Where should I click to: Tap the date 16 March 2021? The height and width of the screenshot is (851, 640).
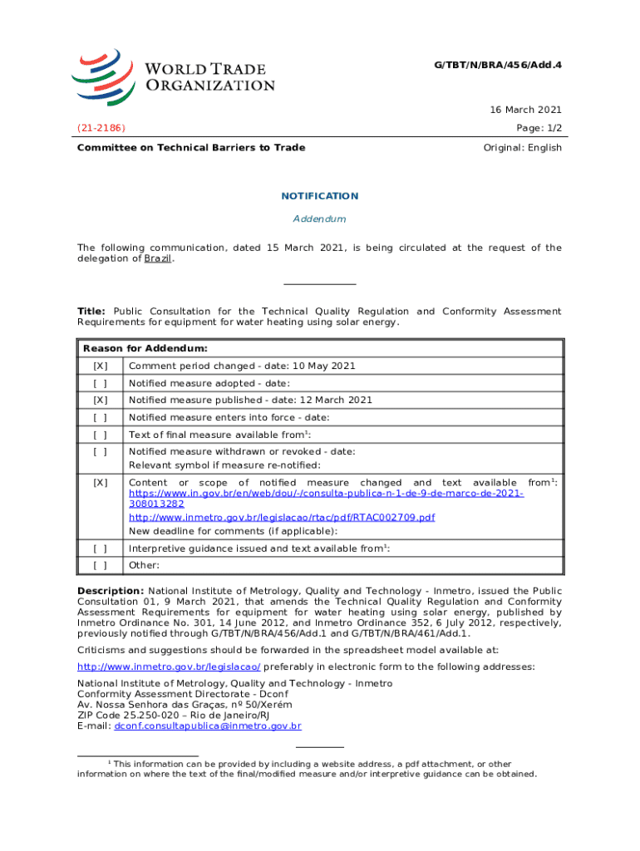pos(525,110)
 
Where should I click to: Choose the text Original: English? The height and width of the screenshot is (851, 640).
pos(522,148)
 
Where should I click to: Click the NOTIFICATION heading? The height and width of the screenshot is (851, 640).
pos(319,196)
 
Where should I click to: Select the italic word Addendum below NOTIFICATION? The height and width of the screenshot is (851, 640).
pos(319,219)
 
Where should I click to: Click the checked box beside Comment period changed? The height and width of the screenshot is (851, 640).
pos(100,366)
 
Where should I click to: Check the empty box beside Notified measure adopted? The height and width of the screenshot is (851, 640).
pos(100,383)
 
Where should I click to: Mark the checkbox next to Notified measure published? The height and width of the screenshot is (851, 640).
pos(100,401)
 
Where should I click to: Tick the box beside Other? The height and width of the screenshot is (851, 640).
pos(100,565)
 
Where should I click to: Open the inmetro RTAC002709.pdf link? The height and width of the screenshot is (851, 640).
pos(282,517)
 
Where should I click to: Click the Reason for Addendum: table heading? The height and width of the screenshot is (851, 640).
pos(145,348)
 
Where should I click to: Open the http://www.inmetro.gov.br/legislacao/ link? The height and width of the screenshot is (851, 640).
pos(169,667)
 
